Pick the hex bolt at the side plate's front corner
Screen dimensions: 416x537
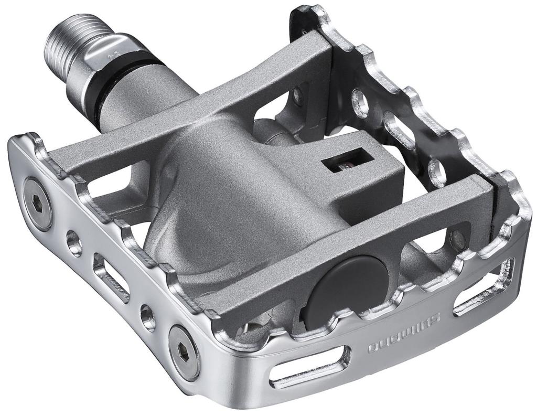[184, 352]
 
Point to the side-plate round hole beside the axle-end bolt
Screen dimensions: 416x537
[74, 242]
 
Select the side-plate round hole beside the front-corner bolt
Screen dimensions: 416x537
[148, 316]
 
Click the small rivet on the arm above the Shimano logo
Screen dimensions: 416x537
[459, 239]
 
